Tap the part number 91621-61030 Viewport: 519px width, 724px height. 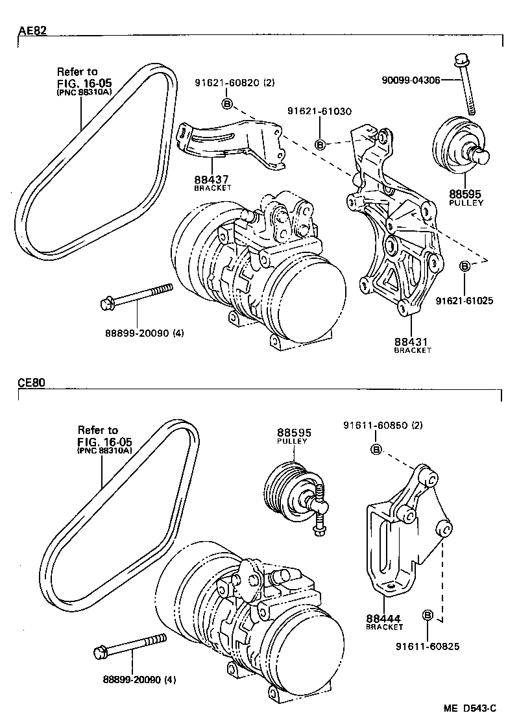coord(318,112)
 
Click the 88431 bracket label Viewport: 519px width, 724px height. coord(412,342)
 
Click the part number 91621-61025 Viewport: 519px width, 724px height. coord(465,301)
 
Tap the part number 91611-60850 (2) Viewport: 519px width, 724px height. coord(383,426)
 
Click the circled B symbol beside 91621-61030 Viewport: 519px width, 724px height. coord(320,144)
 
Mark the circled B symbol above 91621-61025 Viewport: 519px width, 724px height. coord(465,266)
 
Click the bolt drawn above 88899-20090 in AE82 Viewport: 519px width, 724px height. coord(136,296)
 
